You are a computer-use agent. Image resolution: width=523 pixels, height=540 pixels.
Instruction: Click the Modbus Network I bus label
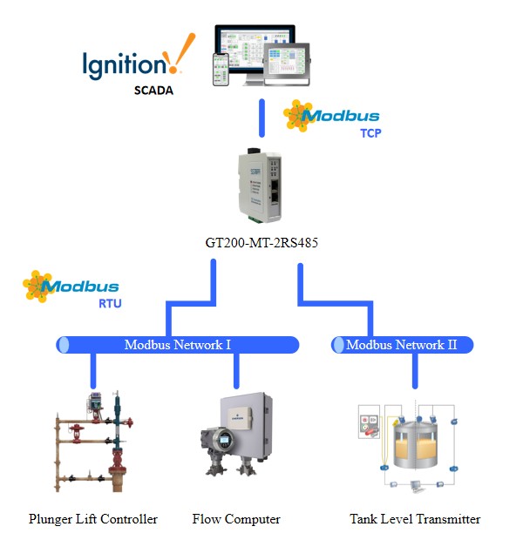tap(177, 345)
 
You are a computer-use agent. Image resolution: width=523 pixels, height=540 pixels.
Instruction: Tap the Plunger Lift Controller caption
tap(93, 519)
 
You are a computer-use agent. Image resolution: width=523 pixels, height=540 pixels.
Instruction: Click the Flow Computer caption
tap(236, 519)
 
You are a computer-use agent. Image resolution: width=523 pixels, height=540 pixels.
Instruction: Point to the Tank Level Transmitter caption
tap(415, 519)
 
